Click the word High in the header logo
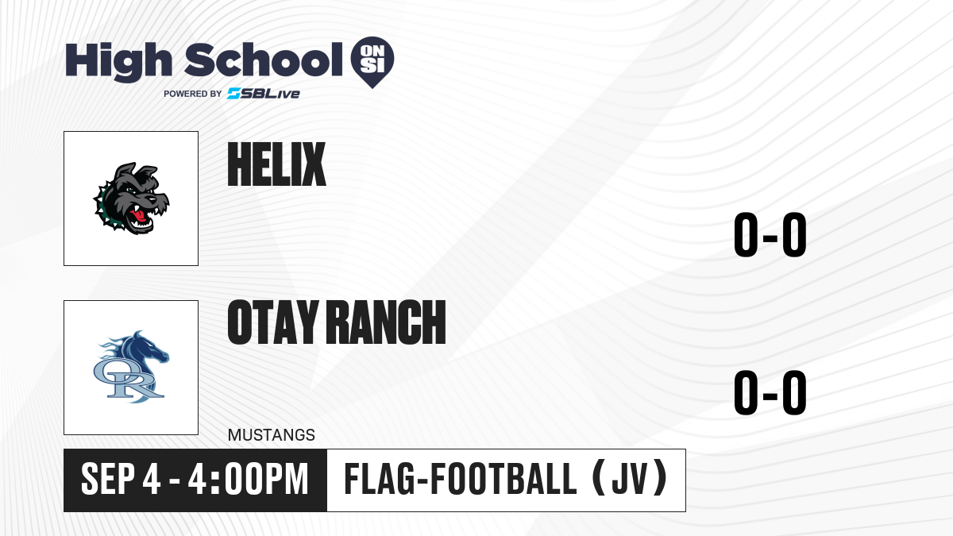coord(118,62)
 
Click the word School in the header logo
coord(264,60)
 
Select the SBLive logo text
coord(264,94)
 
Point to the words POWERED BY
coord(193,94)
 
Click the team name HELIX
coord(276,164)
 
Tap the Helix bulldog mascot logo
coord(131,199)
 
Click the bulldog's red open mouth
coord(140,216)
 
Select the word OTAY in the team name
coord(272,322)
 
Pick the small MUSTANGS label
coord(272,435)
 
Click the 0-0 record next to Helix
coord(770,234)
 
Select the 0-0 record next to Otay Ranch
coord(770,392)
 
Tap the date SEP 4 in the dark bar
coord(121,479)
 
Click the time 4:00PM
coord(248,479)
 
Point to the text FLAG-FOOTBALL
coord(460,479)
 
